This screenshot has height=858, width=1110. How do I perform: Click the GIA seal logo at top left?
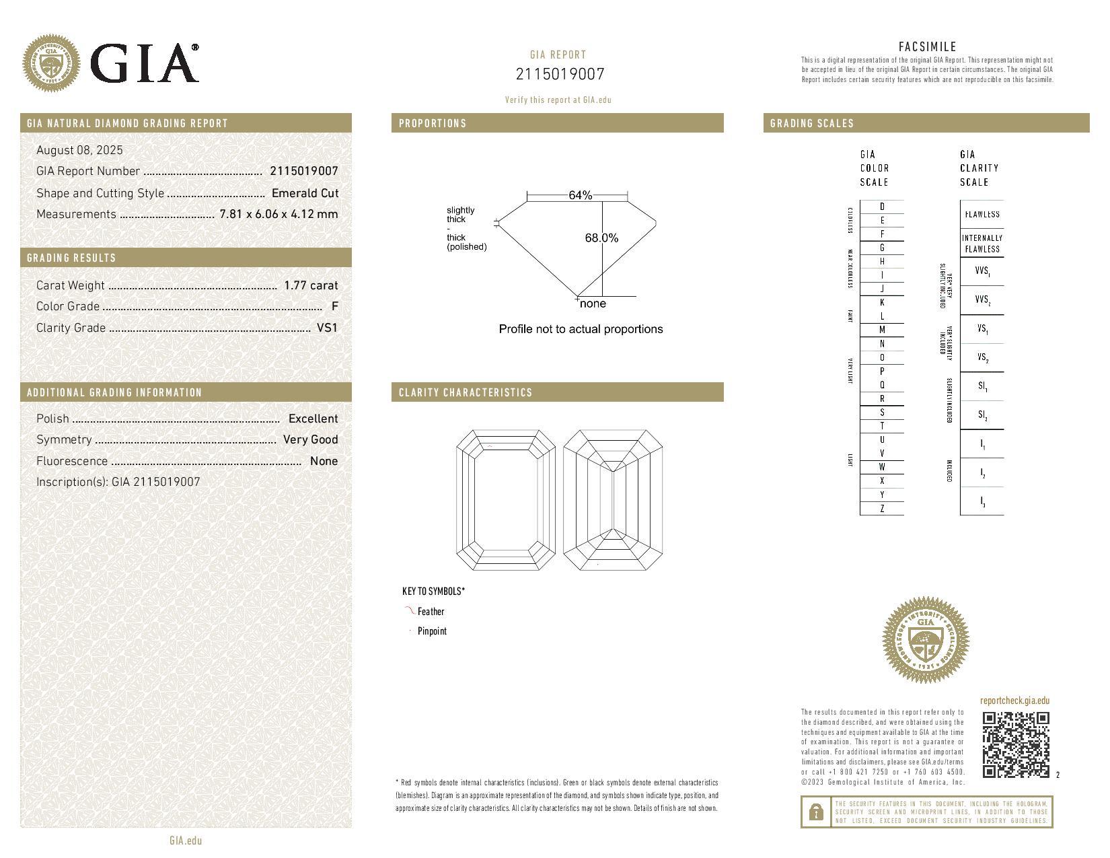tap(51, 63)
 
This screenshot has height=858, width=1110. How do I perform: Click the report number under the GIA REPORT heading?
tap(560, 74)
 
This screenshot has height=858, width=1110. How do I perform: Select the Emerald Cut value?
tap(305, 193)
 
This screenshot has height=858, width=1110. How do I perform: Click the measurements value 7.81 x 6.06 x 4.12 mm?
tap(279, 214)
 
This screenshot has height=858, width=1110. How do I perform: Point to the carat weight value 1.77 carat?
tap(311, 285)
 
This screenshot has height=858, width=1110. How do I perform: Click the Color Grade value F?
tap(334, 306)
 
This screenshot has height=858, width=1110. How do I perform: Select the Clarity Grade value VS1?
tap(327, 328)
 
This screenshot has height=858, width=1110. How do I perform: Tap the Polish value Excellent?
tap(313, 419)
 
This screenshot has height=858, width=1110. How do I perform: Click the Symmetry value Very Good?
tap(310, 439)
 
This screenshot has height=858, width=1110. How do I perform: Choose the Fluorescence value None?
tap(324, 461)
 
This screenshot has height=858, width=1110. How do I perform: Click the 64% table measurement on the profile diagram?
tap(580, 195)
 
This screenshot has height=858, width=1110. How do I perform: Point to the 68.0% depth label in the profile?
tap(601, 238)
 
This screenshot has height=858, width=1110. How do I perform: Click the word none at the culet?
tap(593, 303)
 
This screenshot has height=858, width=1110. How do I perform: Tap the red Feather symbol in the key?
tap(409, 610)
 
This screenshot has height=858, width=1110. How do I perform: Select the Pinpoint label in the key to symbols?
tap(432, 631)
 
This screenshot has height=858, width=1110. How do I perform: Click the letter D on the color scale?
tap(882, 207)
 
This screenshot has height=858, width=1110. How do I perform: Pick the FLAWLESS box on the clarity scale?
tap(982, 215)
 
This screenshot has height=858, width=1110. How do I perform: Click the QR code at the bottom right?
tap(1016, 744)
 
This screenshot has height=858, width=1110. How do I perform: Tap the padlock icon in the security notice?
tap(816, 812)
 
